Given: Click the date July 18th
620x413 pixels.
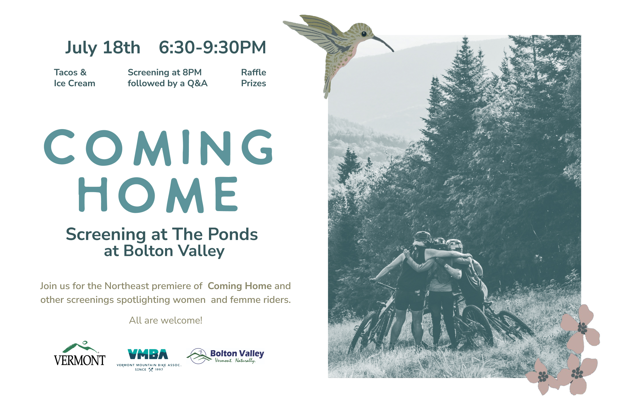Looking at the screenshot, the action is coord(103,48).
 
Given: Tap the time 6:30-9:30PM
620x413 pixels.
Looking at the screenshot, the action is coord(212,47).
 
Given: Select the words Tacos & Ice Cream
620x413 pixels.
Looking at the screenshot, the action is coord(74,78).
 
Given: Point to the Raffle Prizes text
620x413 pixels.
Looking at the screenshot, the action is coord(253,78).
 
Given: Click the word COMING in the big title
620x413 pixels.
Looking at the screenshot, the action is coord(158,147).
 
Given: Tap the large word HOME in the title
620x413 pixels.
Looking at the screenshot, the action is coord(158,195).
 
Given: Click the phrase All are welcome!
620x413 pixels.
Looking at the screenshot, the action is coord(166,320).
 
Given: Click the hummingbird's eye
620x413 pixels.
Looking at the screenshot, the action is coord(364,34).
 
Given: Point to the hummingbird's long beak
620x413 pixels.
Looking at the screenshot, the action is coord(383,43).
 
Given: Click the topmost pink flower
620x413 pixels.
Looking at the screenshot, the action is coord(580,328).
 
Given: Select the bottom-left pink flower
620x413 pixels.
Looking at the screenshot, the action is coord(543,376).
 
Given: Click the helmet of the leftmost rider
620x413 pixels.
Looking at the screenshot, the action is coord(423,237).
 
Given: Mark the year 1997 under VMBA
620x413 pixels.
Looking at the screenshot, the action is coord(159,370).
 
